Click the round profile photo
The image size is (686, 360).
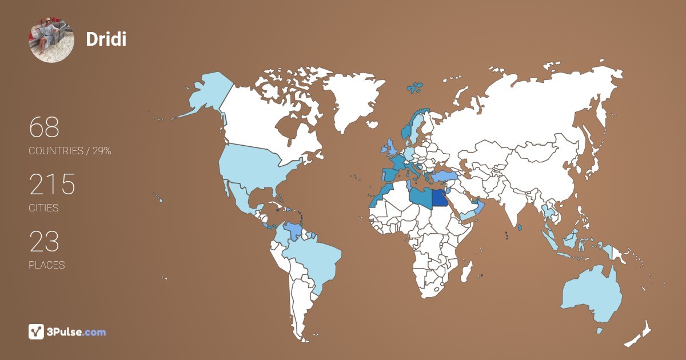point(51,39)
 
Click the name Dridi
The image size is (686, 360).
point(106,39)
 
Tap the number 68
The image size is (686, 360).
point(44,127)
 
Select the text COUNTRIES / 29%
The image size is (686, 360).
point(70,151)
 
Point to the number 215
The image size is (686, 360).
point(52,185)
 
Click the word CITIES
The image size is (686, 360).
point(43,208)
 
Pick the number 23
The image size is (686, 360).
point(44,242)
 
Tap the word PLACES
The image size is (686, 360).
point(46,265)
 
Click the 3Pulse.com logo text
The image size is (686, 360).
point(77,332)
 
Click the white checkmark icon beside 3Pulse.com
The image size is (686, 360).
point(37,331)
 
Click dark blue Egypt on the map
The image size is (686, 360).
point(440,198)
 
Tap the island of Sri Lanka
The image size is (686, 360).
point(520,228)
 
